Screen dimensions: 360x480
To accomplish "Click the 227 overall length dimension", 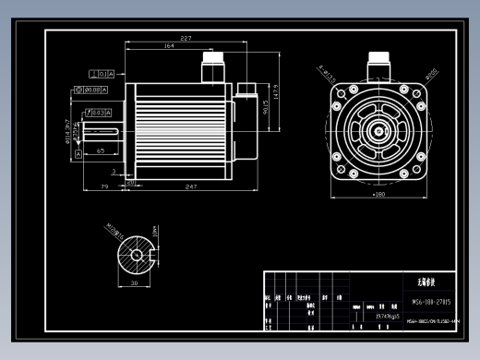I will pyautogui.click(x=186, y=39).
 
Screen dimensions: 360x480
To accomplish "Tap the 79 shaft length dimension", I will pyautogui.click(x=104, y=187).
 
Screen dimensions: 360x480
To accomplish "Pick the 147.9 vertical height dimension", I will pyautogui.click(x=275, y=92).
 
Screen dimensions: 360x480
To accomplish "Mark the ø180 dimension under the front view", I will pyautogui.click(x=378, y=195).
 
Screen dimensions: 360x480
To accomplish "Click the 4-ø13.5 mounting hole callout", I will pyautogui.click(x=325, y=71).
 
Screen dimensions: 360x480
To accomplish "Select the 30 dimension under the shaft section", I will pyautogui.click(x=134, y=284).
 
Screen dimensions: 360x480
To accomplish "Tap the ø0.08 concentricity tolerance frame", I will pyautogui.click(x=90, y=90).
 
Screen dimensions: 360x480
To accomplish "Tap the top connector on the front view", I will pyautogui.click(x=378, y=65).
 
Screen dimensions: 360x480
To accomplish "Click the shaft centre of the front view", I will pyautogui.click(x=378, y=130).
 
